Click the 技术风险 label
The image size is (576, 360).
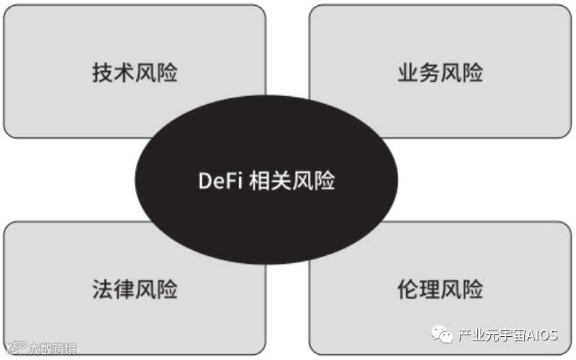134,73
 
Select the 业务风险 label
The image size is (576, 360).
440,73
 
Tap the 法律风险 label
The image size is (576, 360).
134,289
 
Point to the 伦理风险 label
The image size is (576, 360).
440,289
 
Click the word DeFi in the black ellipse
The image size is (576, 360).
220,181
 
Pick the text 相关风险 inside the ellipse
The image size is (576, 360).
291,181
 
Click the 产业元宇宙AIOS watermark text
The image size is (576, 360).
508,336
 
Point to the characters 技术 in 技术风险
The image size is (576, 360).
113,73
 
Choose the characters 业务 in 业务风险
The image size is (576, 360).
418,73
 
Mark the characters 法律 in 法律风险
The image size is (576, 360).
113,289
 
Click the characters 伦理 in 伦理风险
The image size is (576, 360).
418,289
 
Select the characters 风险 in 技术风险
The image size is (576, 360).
156,73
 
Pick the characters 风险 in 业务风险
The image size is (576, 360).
462,73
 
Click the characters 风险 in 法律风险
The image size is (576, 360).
156,289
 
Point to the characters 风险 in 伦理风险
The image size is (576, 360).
462,289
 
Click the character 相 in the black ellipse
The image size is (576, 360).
259,181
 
